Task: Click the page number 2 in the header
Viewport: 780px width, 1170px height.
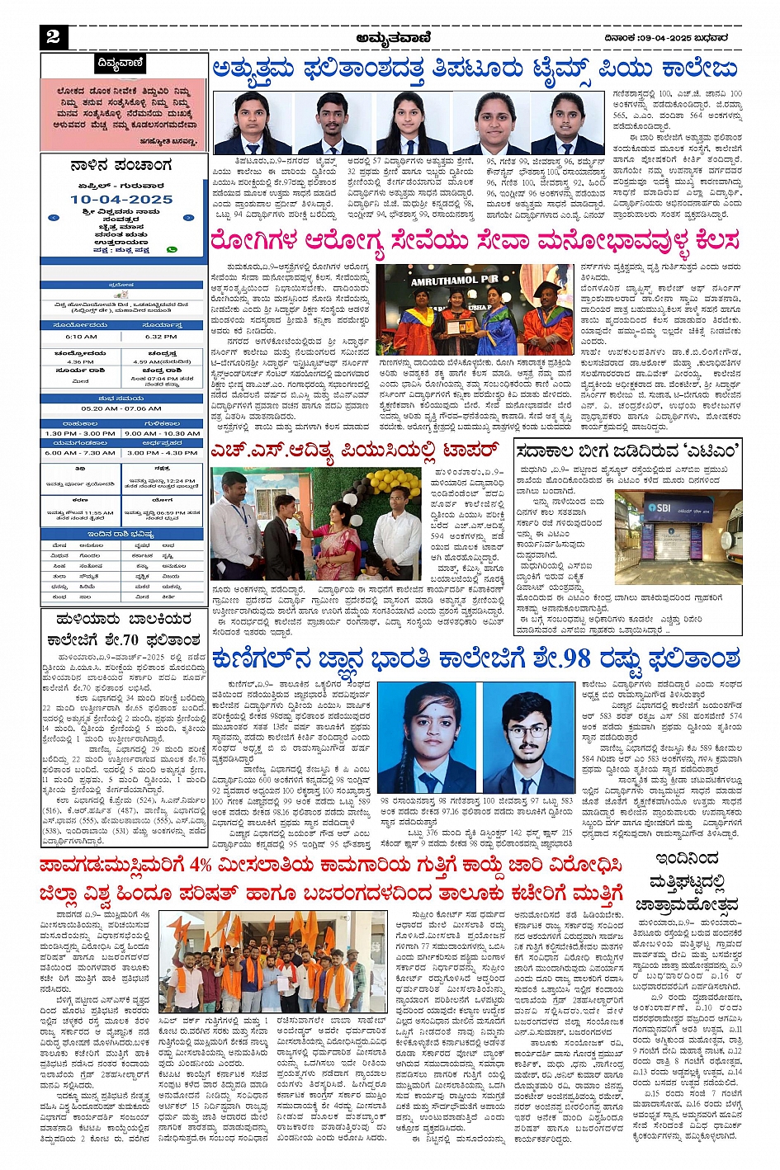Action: click(53, 35)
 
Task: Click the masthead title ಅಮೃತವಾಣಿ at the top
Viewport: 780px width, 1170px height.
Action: click(390, 37)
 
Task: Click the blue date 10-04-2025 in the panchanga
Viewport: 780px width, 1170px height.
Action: click(121, 200)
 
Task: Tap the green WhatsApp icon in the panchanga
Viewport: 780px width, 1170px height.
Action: click(172, 249)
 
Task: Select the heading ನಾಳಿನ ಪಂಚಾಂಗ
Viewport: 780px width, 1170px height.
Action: click(121, 166)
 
